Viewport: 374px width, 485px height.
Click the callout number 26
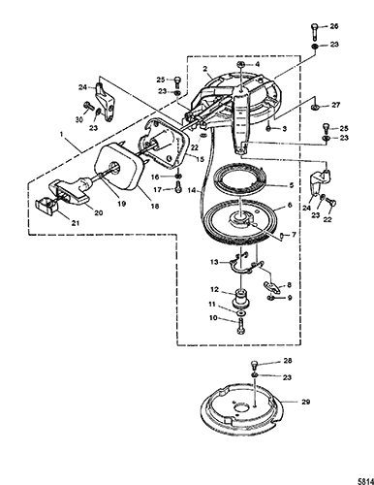coord(334,26)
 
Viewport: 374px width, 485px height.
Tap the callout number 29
coord(305,402)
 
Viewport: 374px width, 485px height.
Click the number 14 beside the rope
coord(192,191)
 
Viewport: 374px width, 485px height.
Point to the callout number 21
coord(76,223)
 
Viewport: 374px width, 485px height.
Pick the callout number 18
coord(155,206)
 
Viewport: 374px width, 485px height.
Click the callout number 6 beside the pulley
coord(290,205)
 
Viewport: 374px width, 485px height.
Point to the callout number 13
coord(214,262)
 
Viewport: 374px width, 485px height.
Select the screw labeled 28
coord(255,366)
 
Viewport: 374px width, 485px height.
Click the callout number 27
coord(335,105)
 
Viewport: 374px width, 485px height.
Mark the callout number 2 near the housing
coord(204,69)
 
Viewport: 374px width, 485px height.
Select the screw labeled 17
coord(178,188)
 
